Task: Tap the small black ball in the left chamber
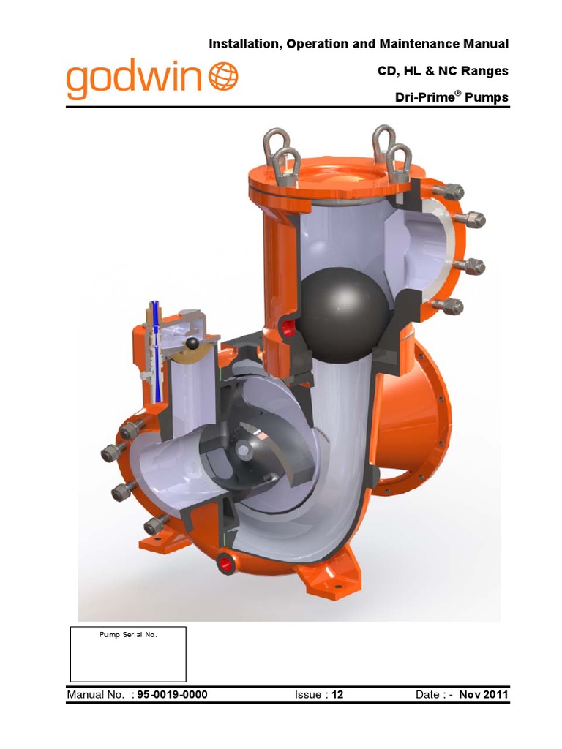pyautogui.click(x=192, y=344)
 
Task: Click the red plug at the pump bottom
pyautogui.click(x=224, y=562)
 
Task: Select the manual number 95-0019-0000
pyautogui.click(x=176, y=694)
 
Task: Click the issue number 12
pyautogui.click(x=337, y=694)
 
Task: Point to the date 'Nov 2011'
pyautogui.click(x=483, y=694)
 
